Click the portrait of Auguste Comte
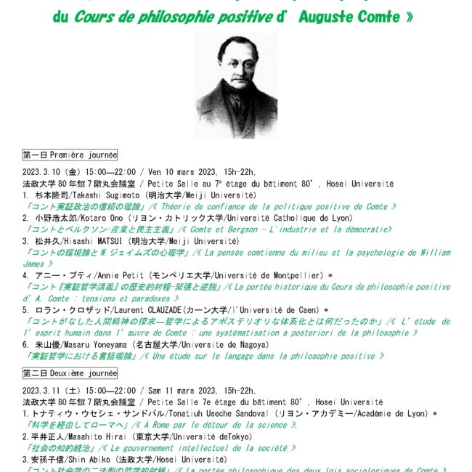236,86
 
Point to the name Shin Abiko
87,460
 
